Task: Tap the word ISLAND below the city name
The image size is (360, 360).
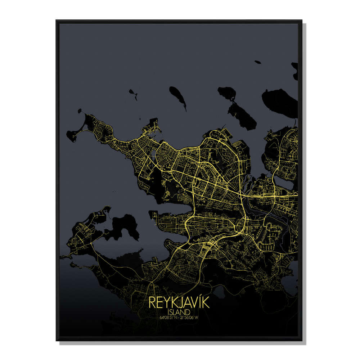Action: click(179, 312)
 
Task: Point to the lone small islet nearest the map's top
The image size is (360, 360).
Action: click(257, 62)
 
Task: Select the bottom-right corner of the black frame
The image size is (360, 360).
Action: click(302, 340)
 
